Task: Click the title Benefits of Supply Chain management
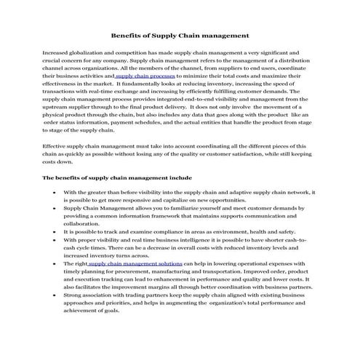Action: [x=180, y=34]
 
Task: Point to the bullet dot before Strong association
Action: [x=56, y=295]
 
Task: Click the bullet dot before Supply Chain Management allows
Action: [x=56, y=208]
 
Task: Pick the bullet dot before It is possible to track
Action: [x=56, y=231]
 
